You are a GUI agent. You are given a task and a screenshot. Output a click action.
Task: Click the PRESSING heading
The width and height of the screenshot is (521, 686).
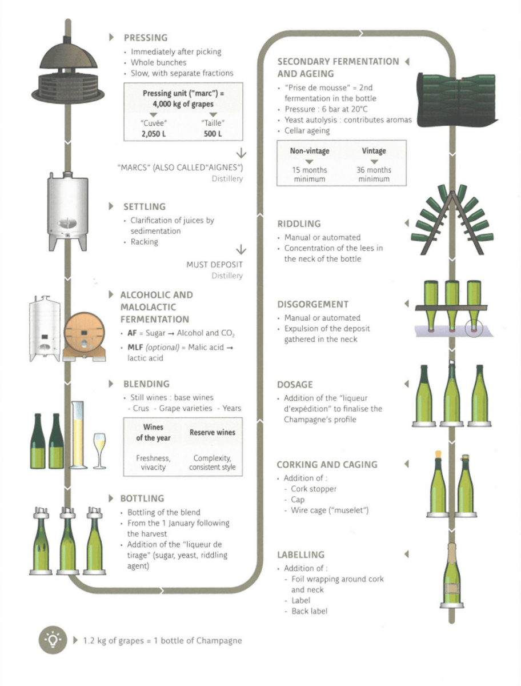pyautogui.click(x=145, y=38)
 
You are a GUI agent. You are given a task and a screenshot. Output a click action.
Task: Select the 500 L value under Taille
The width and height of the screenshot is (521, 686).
pyautogui.click(x=213, y=134)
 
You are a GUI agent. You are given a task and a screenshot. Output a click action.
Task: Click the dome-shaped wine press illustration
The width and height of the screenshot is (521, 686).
pyautogui.click(x=71, y=71)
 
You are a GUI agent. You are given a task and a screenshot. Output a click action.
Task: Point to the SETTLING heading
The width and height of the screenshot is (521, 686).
pyautogui.click(x=144, y=206)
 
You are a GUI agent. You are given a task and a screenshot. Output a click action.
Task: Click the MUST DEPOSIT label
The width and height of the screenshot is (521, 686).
pyautogui.click(x=214, y=265)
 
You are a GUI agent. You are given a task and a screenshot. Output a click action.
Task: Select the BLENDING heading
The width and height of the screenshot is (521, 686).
pyautogui.click(x=146, y=384)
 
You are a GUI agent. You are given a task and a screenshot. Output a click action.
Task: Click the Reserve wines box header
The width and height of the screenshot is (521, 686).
pyautogui.click(x=212, y=433)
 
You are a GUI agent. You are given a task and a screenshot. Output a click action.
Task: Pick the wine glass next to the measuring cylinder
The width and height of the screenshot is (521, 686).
pyautogui.click(x=99, y=449)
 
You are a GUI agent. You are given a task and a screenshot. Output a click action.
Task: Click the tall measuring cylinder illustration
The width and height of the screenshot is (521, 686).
pyautogui.click(x=77, y=434)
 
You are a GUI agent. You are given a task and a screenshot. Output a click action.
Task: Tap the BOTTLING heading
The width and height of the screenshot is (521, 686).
pyautogui.click(x=142, y=498)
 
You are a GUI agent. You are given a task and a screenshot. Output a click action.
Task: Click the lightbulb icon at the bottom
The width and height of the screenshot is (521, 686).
pyautogui.click(x=53, y=640)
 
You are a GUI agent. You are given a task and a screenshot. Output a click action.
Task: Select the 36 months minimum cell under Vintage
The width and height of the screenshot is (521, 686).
pyautogui.click(x=374, y=174)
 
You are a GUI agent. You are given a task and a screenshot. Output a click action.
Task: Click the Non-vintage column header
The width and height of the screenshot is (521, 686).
pyautogui.click(x=309, y=151)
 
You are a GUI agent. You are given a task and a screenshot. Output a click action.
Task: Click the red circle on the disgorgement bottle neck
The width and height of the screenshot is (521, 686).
pyautogui.click(x=473, y=330)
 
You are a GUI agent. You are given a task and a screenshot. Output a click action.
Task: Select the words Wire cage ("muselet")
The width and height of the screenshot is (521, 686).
pyautogui.click(x=330, y=510)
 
